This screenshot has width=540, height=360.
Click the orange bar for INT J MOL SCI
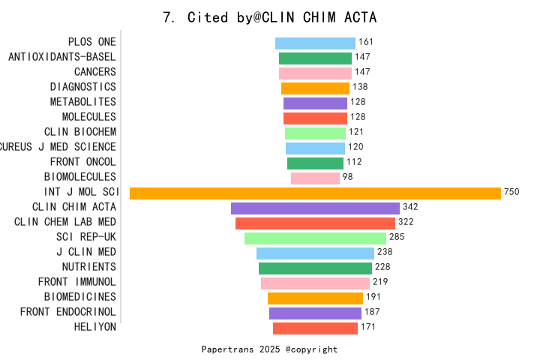315,193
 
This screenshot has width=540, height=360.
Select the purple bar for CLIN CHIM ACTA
315,208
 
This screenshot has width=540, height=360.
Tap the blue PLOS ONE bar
315,43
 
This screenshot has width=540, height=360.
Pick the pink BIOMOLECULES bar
315,178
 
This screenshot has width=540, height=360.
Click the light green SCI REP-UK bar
315,238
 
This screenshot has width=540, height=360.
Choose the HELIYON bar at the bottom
315,328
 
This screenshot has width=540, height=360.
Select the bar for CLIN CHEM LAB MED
315,223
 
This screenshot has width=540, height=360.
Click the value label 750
511,193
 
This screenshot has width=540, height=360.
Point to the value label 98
347,178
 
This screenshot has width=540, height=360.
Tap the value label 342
410,208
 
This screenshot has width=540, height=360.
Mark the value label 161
366,43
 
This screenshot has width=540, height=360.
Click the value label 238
385,253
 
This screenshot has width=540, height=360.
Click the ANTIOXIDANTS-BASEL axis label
62,57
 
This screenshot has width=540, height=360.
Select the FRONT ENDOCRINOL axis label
68,312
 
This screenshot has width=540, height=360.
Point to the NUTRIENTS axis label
88,267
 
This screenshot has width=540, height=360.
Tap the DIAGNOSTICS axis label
83,87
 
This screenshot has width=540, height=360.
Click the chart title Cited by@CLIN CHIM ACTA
270,17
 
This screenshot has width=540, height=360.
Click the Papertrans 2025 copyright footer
270,349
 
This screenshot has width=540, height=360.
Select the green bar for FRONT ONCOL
315,163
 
